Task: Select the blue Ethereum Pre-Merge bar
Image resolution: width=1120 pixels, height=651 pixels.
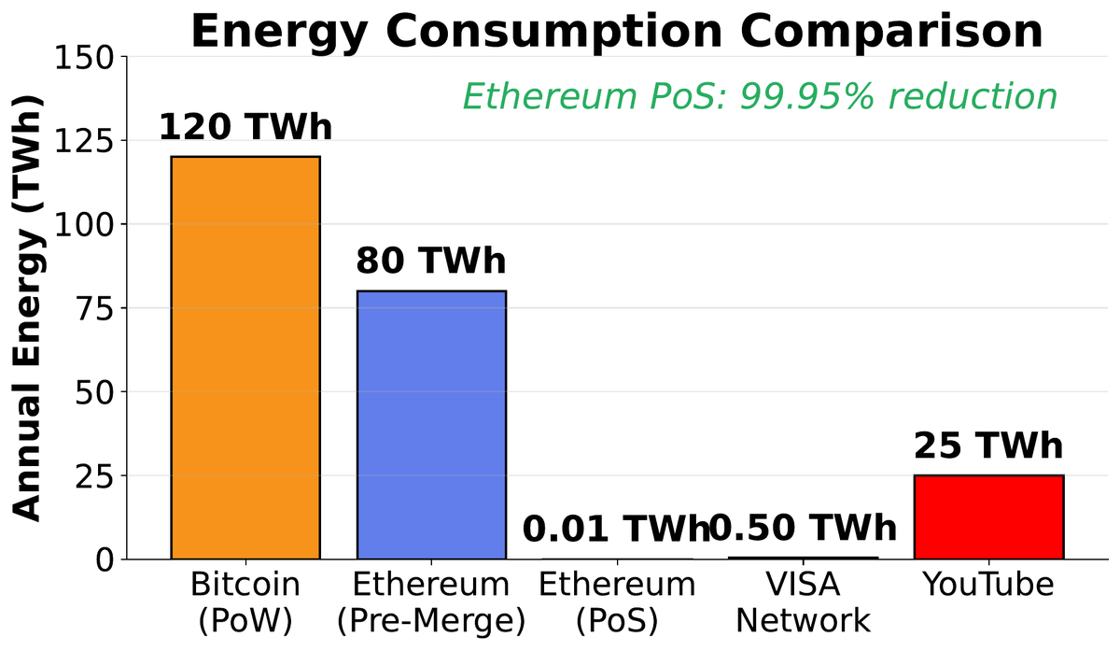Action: [431, 425]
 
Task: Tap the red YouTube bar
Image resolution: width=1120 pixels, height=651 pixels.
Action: [988, 517]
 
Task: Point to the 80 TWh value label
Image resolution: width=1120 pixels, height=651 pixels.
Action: [430, 262]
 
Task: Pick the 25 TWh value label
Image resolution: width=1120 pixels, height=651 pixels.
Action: [988, 446]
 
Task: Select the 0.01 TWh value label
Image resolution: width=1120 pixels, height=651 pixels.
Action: [616, 529]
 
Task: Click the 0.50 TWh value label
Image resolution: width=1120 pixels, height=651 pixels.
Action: [804, 529]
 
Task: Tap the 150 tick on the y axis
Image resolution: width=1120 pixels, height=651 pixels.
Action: [91, 58]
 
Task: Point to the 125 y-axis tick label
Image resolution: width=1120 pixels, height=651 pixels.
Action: [91, 141]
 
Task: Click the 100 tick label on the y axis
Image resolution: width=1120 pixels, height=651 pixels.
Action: [91, 225]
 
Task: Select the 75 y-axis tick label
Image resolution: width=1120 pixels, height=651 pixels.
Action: [104, 308]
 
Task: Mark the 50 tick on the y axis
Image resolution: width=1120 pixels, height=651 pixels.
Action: [104, 392]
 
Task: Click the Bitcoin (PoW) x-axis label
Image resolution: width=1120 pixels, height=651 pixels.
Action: [245, 602]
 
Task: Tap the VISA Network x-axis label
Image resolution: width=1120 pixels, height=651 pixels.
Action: [804, 602]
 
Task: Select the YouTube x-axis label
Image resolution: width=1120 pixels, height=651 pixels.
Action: [988, 586]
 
